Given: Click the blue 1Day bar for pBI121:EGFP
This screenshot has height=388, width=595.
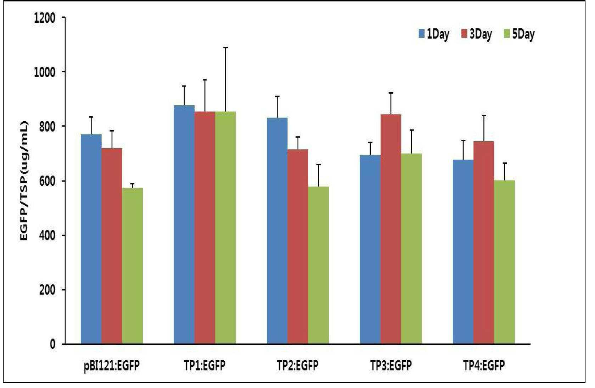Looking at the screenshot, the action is click(x=91, y=239).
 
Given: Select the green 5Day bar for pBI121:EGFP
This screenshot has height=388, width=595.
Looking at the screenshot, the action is click(x=133, y=266).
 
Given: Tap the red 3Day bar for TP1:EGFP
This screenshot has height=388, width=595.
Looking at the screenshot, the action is click(x=205, y=228).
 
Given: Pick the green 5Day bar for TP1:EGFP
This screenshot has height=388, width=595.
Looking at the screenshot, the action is click(x=225, y=228).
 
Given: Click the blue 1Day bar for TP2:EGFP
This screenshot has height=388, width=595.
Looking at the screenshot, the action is click(x=277, y=231).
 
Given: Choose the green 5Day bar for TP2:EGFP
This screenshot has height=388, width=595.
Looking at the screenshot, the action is click(x=319, y=265).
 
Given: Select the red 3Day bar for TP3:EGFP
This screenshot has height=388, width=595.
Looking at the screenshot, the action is click(x=391, y=229).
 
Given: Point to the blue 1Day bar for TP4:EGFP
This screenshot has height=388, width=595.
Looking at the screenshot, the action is click(x=463, y=252).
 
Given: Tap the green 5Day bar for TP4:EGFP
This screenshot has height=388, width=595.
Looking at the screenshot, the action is click(x=504, y=262).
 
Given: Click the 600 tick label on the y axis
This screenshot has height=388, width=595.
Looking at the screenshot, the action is click(x=47, y=181).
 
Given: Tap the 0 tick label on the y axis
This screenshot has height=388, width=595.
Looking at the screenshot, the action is click(x=52, y=344).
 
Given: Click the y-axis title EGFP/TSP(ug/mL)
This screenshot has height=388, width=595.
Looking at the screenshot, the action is click(x=24, y=181).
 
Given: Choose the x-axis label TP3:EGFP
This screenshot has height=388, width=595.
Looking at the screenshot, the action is click(x=391, y=365).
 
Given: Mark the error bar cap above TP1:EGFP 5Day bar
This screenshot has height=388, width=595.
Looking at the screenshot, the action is click(x=225, y=48).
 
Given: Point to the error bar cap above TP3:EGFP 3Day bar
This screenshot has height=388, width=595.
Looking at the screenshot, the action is click(x=391, y=93).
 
